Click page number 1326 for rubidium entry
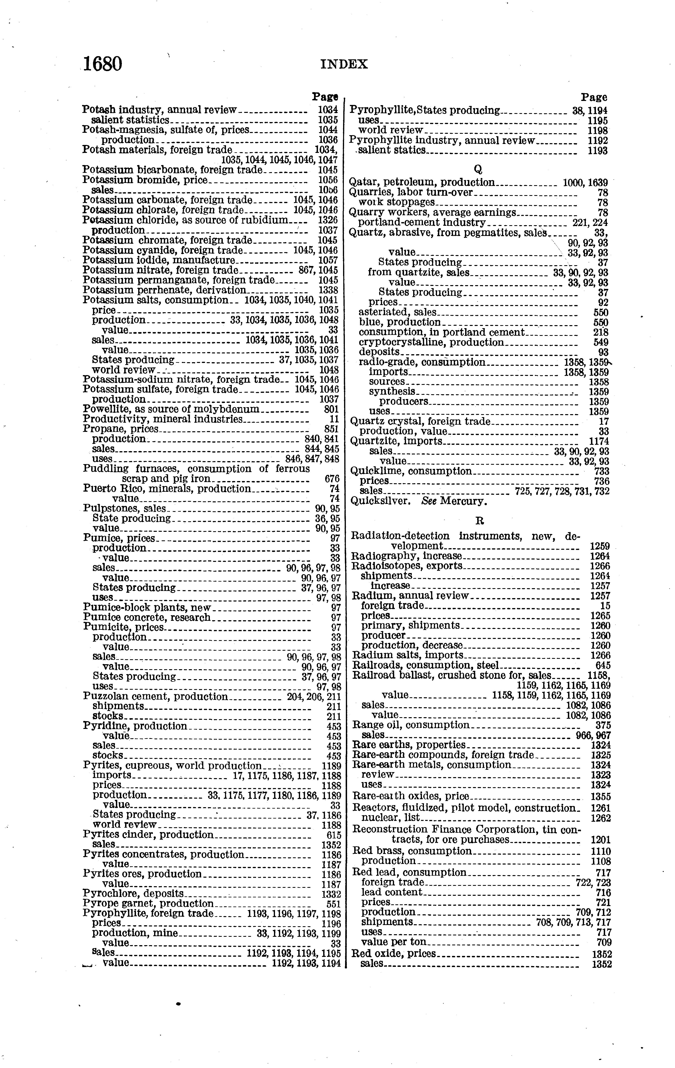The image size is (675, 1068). pos(328,220)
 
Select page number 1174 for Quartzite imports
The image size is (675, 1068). pos(599,441)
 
